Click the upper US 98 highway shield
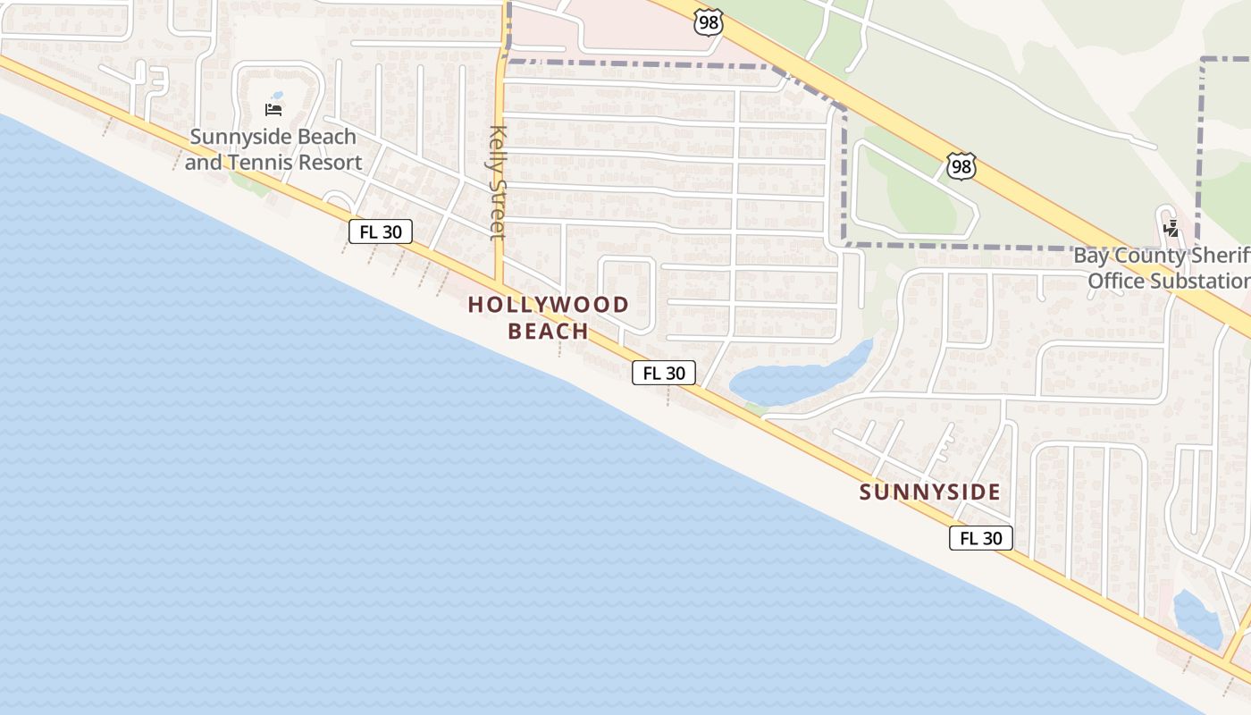[x=708, y=22]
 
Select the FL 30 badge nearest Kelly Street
[x=381, y=232]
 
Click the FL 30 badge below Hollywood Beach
[x=664, y=373]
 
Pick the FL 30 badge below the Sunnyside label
[x=981, y=538]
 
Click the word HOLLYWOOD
[x=549, y=305]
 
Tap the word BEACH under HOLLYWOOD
[x=549, y=332]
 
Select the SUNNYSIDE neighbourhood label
[x=930, y=492]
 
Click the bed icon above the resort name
[x=274, y=110]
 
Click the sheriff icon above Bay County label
[x=1171, y=228]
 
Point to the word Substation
[x=1200, y=282]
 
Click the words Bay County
[x=1129, y=256]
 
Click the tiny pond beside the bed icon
[x=278, y=95]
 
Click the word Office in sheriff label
[x=1116, y=282]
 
